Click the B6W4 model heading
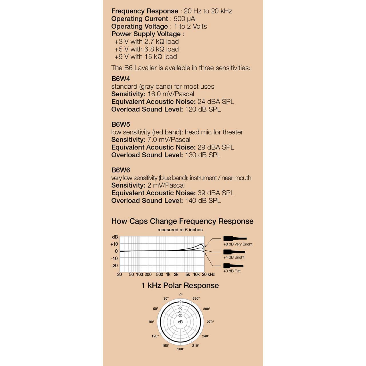click(121, 79)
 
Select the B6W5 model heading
click(121, 125)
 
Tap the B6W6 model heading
click(121, 170)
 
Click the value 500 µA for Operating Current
click(184, 19)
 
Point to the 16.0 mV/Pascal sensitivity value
click(171, 94)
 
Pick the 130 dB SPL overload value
click(203, 155)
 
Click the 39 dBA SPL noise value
click(216, 193)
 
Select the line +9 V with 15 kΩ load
click(146, 57)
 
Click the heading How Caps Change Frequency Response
click(182, 221)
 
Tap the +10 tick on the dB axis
click(114, 244)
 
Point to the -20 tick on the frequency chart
click(114, 266)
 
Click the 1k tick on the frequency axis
click(168, 274)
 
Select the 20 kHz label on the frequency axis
click(208, 274)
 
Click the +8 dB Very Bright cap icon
click(234, 238)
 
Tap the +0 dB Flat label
click(232, 271)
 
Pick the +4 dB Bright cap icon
click(234, 252)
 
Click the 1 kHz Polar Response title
click(180, 286)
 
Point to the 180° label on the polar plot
click(181, 349)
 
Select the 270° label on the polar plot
click(210, 322)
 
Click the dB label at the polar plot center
click(180, 322)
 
